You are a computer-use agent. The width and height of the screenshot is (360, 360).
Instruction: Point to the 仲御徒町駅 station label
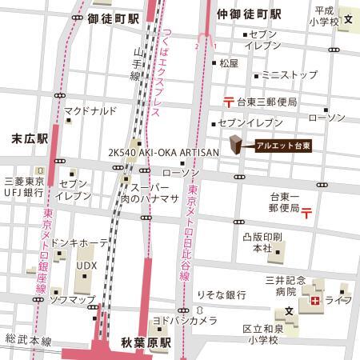coord(249,15)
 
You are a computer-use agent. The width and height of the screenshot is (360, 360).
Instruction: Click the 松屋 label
coord(228,62)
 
